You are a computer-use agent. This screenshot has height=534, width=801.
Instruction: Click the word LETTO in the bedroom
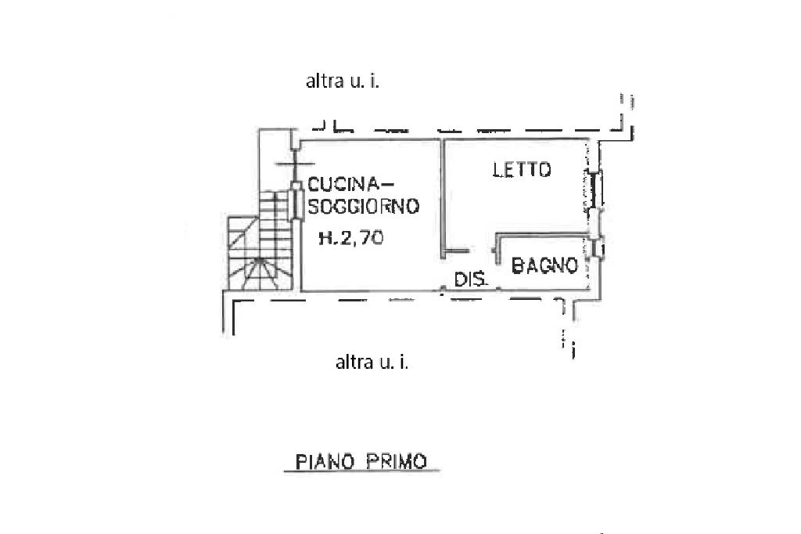[522, 169]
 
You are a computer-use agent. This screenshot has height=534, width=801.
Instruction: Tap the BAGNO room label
[544, 265]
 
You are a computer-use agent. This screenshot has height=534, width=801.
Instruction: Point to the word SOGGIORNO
[363, 206]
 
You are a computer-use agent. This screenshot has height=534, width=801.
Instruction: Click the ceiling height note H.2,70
[351, 238]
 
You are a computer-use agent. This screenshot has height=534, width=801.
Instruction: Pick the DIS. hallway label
[471, 280]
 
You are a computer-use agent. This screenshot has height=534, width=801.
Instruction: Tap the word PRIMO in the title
[396, 462]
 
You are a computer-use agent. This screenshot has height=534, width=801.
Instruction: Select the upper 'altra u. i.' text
[343, 81]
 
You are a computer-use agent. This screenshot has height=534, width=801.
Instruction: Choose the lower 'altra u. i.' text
[372, 363]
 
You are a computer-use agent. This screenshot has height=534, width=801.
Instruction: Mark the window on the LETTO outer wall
[594, 189]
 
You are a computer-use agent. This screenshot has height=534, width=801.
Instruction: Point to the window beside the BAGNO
[596, 249]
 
